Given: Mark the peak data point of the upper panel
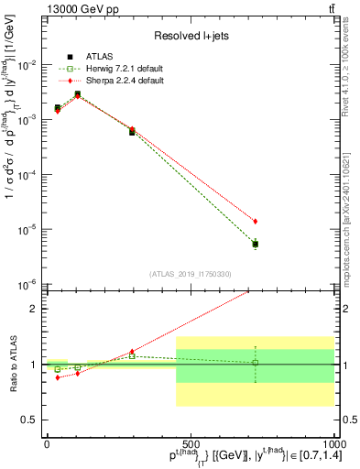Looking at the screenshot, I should coord(78,93).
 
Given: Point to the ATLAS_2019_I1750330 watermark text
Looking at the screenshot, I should coord(190,274).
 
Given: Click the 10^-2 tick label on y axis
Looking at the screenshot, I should coord(27,65).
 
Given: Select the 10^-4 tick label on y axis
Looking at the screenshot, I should coord(27,174).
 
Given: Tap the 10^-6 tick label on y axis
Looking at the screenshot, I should coord(27,284).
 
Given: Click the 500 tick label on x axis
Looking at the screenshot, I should coord(190,442).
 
